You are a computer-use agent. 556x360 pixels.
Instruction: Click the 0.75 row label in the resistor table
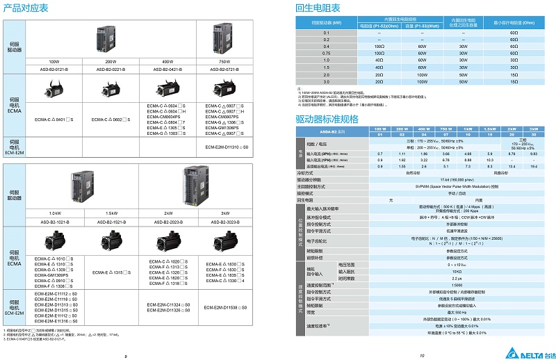[326, 52]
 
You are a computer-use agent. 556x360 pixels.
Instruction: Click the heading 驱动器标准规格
[327, 119]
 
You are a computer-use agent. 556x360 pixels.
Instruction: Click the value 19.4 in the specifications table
[533, 167]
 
